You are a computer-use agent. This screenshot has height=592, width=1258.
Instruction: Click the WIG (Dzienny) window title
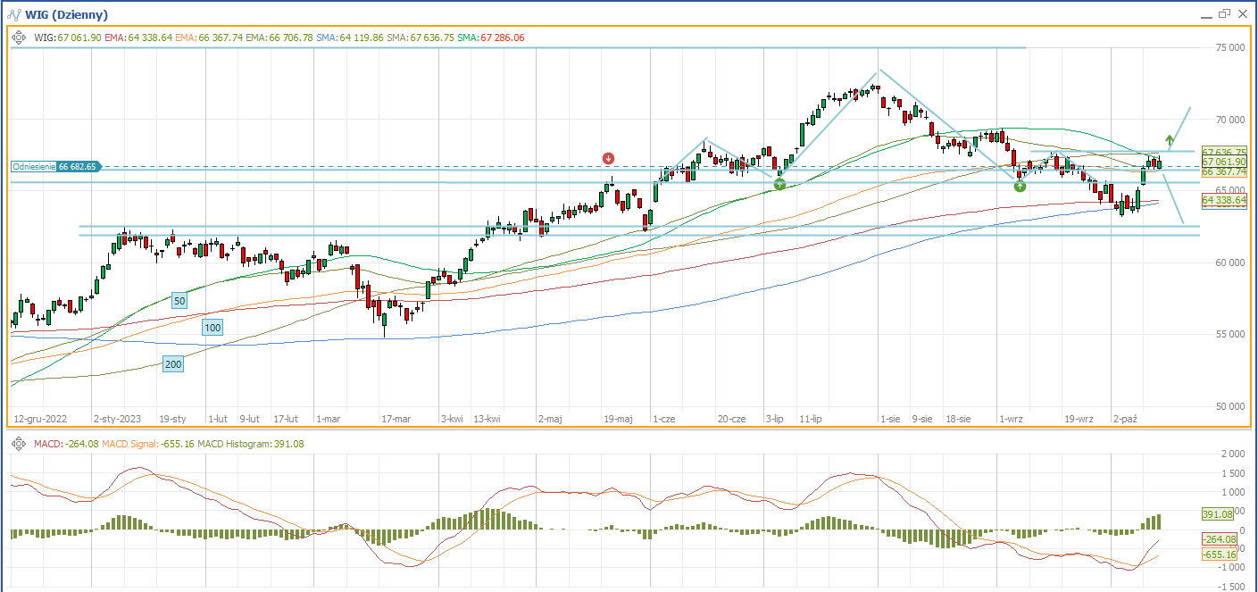point(66,14)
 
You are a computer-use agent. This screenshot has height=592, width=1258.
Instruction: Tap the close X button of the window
point(1243,13)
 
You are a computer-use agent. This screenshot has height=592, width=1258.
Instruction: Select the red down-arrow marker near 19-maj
point(608,158)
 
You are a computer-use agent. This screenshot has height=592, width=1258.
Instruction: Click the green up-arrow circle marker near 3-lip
point(779,184)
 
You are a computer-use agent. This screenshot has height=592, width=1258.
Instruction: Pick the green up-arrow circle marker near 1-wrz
point(1020,186)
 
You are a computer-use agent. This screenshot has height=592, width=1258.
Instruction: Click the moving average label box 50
point(179,301)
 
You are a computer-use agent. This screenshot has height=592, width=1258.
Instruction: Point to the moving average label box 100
point(212,328)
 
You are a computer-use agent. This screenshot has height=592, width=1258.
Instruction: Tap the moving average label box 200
point(173,363)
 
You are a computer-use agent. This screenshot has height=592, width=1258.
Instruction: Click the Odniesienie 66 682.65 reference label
point(54,166)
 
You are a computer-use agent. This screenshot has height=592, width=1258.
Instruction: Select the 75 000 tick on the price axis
point(1229,48)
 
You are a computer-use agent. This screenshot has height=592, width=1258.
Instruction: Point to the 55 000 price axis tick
point(1229,334)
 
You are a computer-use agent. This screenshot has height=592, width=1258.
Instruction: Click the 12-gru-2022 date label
point(41,418)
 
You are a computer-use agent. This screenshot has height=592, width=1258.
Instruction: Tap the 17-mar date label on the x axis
point(396,418)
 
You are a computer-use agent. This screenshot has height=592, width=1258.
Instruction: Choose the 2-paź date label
point(1126,418)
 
